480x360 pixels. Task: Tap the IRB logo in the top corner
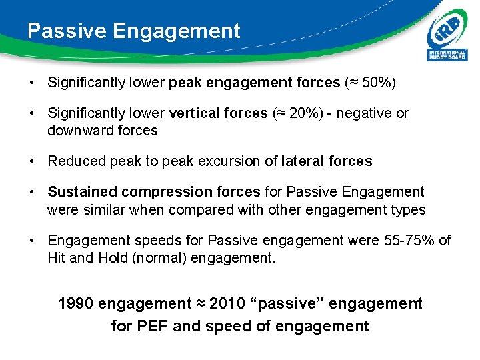click(447, 37)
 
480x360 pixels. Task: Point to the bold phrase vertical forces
click(218, 113)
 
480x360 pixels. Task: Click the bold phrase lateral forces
click(327, 161)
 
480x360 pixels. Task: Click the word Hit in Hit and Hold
click(57, 257)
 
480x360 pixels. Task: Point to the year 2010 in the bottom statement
click(227, 304)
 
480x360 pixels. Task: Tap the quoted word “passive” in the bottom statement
click(281, 304)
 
